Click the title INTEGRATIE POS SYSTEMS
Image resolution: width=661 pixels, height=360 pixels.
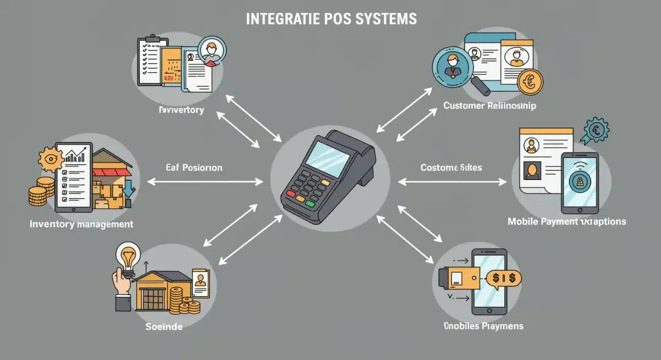[x=330, y=19]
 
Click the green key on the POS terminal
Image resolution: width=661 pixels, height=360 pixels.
[x=310, y=203]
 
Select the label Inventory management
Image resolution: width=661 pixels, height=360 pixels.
[x=81, y=225]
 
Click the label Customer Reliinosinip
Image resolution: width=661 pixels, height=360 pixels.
[x=489, y=106]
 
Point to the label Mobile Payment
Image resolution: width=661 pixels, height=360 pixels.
[x=566, y=221]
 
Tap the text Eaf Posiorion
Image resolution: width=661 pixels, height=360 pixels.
[x=194, y=167]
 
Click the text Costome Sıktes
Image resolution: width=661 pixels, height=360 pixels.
[x=451, y=167]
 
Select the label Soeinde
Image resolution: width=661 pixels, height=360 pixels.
[x=164, y=326]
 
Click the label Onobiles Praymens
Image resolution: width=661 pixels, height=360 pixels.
[x=483, y=326]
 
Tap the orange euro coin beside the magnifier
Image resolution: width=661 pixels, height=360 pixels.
[x=530, y=82]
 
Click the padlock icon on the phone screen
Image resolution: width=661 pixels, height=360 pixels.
[x=580, y=179]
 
